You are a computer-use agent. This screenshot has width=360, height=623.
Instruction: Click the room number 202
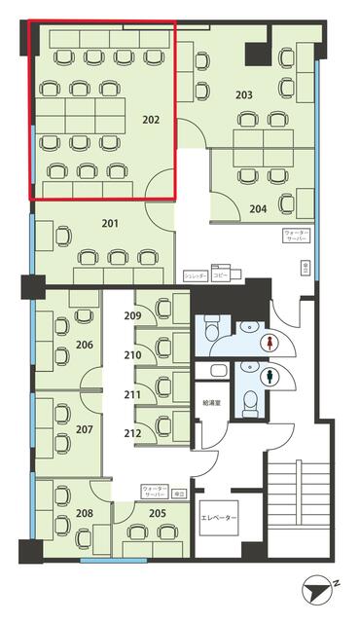151,121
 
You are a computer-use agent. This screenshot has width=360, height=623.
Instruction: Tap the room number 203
243,94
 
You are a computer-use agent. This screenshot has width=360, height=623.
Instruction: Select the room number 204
258,208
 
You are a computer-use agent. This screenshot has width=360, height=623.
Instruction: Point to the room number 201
110,224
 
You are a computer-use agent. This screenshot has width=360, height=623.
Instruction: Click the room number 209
132,315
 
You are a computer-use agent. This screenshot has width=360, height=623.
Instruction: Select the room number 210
132,355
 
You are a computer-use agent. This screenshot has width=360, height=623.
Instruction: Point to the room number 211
132,394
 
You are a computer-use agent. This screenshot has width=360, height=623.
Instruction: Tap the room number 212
132,433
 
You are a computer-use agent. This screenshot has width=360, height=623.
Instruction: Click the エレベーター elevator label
218,518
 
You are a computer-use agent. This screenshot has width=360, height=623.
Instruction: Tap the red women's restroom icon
269,343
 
